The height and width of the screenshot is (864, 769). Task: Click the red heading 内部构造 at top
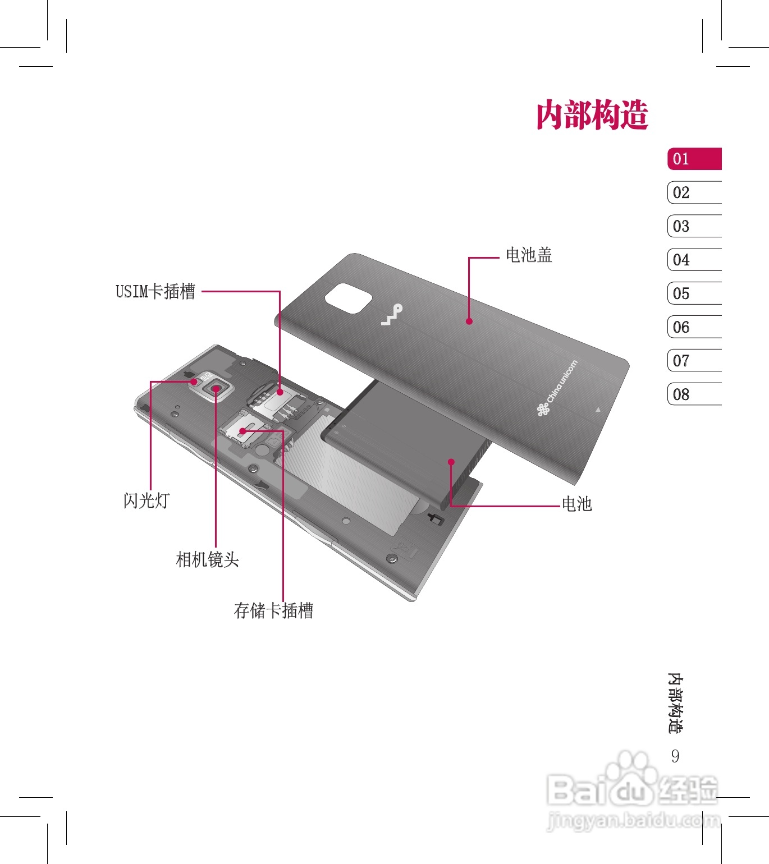coord(592,115)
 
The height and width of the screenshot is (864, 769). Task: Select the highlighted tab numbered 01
coord(694,159)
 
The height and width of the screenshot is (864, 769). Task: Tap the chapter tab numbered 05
coord(694,293)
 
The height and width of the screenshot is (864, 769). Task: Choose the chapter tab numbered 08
coord(694,394)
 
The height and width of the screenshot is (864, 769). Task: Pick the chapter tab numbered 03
coord(694,226)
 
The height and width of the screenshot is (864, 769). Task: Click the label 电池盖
coord(529,255)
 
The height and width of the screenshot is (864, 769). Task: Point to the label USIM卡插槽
coord(155,291)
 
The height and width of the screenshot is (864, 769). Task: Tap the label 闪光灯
coord(147,500)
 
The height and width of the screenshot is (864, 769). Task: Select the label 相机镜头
coord(208,559)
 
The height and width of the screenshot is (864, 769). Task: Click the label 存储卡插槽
coord(273,610)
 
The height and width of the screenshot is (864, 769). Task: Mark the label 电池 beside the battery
coord(577,504)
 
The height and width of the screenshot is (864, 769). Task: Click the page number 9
coord(675,756)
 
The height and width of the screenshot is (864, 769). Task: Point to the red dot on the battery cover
coord(469,321)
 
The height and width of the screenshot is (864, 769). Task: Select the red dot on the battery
coord(451,462)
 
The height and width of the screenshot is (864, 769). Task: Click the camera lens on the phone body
coord(216,388)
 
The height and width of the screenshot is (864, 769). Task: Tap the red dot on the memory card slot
coord(242,431)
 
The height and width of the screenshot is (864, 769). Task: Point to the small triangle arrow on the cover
coord(598,410)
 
